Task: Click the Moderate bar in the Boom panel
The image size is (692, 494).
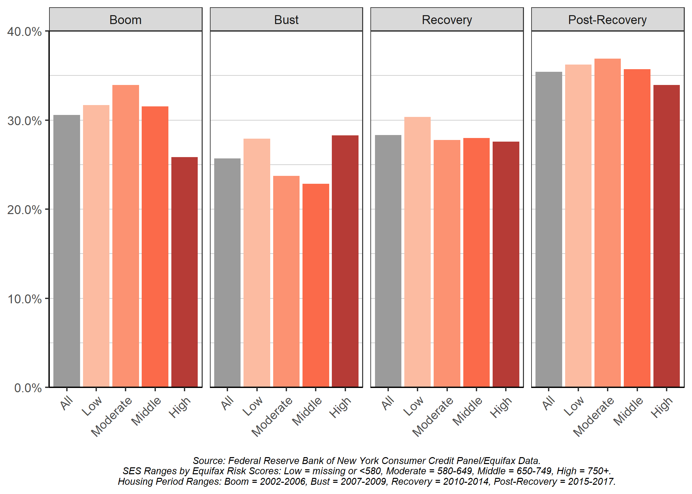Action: (x=126, y=235)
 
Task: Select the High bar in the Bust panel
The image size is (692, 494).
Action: (x=345, y=260)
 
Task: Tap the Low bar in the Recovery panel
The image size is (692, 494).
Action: (x=417, y=252)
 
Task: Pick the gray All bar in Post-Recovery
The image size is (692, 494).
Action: (x=549, y=229)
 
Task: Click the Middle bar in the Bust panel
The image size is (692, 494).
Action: (x=316, y=285)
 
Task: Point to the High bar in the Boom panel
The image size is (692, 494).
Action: (x=185, y=272)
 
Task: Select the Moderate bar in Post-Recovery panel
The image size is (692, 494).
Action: (x=607, y=222)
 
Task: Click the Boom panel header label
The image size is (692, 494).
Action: (x=126, y=20)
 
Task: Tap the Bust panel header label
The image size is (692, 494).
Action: (x=286, y=20)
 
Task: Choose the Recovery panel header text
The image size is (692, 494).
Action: (x=447, y=20)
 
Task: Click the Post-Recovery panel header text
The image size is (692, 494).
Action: (x=607, y=20)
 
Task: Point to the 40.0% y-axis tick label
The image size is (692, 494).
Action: (x=24, y=32)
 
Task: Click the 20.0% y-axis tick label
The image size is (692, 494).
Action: (x=24, y=210)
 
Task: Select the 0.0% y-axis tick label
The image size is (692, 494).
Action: (x=28, y=388)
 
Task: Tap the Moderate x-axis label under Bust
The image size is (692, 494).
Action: (x=272, y=416)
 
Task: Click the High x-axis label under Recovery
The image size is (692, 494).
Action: (x=501, y=407)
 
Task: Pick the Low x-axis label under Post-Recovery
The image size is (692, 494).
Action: (x=574, y=406)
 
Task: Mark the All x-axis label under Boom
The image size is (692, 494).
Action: (x=67, y=402)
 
